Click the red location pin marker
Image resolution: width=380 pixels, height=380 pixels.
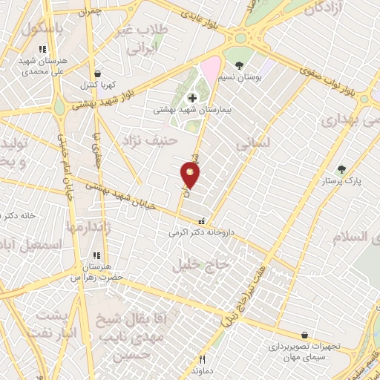point(191,175)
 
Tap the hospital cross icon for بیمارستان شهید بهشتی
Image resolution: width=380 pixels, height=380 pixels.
point(192,97)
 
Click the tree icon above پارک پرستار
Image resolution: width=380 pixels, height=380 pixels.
point(341,169)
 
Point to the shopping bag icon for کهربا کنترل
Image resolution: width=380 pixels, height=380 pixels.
point(98,73)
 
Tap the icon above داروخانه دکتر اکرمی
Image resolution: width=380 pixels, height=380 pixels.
point(200,221)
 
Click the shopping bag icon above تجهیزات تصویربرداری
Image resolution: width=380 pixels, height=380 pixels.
point(304,335)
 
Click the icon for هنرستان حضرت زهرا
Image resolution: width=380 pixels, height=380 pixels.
point(96,256)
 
